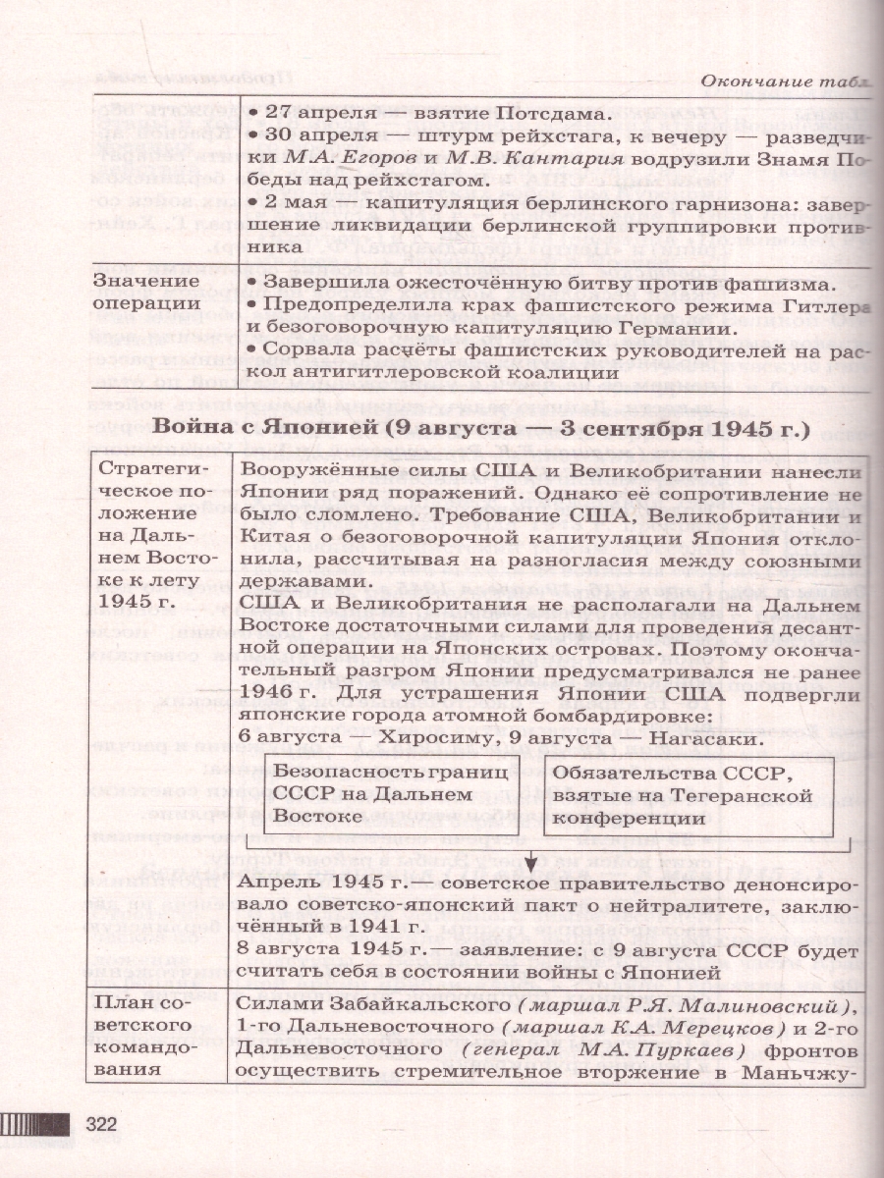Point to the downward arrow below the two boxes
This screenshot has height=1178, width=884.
(x=529, y=863)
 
